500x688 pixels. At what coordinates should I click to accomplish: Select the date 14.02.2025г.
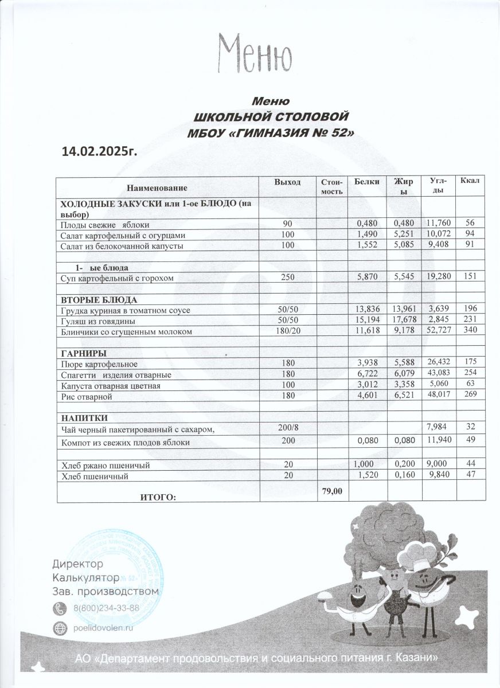pyautogui.click(x=100, y=151)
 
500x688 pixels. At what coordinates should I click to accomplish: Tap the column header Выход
pyautogui.click(x=287, y=182)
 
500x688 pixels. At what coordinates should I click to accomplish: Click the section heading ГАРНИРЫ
pyautogui.click(x=85, y=353)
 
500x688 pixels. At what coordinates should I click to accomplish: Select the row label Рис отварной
pyautogui.click(x=87, y=396)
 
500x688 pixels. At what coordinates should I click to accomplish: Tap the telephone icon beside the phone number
pyautogui.click(x=60, y=608)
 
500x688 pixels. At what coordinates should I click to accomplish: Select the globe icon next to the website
pyautogui.click(x=60, y=628)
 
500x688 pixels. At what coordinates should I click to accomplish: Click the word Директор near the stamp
pyautogui.click(x=78, y=564)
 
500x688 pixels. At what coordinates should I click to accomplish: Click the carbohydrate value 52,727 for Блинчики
pyautogui.click(x=439, y=331)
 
